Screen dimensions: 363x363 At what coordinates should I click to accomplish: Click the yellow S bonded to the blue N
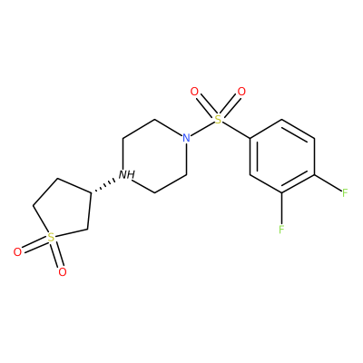218,120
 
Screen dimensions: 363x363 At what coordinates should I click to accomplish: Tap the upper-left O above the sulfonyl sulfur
194,92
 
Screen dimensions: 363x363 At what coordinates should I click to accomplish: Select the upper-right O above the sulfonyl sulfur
241,92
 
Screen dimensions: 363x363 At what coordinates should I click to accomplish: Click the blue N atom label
187,138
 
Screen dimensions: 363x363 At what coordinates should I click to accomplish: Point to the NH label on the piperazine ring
126,174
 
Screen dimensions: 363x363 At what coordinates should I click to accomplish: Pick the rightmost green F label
345,192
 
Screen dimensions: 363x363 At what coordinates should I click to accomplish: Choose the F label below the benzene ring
281,229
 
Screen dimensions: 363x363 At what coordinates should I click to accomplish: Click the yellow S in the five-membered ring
52,237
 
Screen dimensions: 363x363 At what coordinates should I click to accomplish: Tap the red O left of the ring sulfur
18,252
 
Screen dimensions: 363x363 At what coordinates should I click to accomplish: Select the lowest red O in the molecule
63,272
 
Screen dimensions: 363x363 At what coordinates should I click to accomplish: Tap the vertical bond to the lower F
281,208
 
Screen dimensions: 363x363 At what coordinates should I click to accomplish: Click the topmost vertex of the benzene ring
281,120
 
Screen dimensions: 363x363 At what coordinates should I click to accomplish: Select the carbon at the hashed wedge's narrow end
91,193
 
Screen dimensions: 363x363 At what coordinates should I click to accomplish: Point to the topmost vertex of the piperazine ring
155,120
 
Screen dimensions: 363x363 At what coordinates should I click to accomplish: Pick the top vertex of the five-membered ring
58,179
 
